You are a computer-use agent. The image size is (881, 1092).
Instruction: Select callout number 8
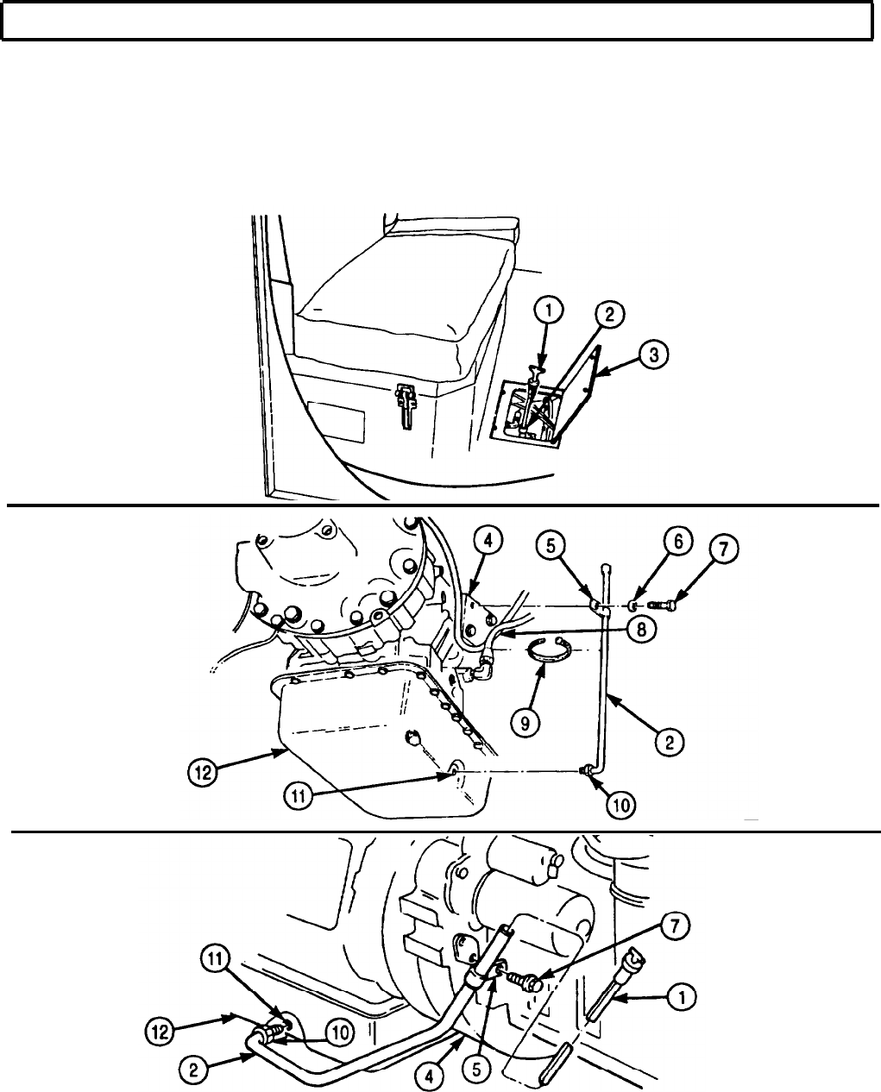(x=640, y=631)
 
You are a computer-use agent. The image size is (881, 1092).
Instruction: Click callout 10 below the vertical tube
(x=621, y=804)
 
